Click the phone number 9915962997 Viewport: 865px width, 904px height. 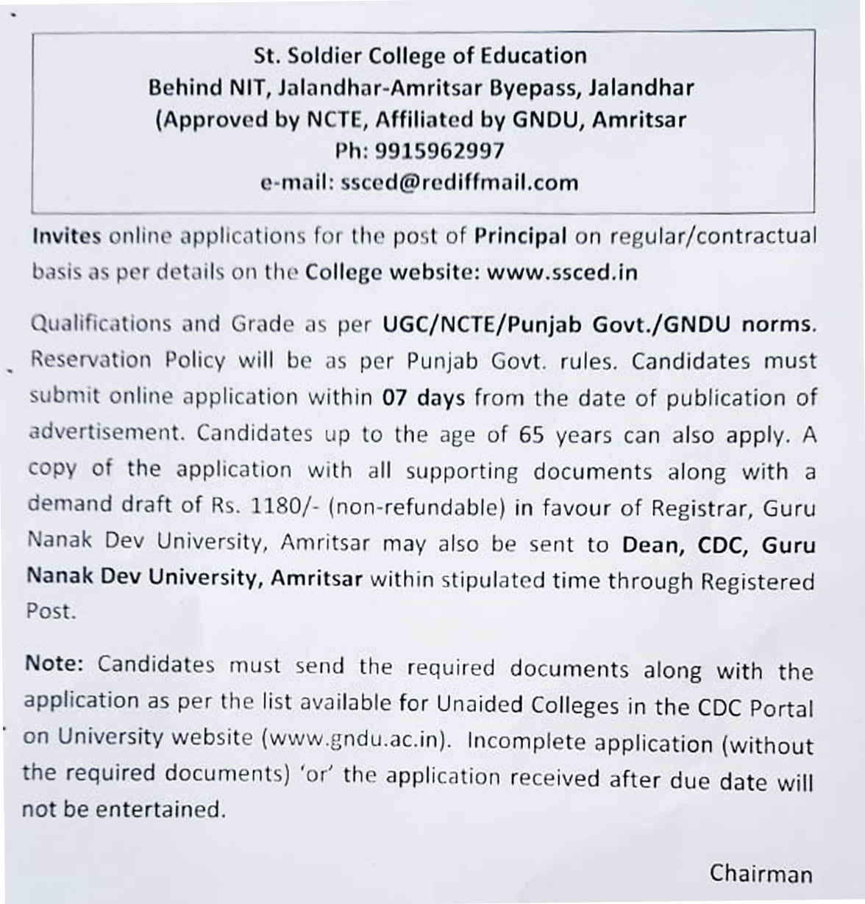[440, 151]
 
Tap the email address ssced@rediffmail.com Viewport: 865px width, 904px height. [460, 182]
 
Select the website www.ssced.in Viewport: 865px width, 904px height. [562, 273]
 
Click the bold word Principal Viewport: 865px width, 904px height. [520, 236]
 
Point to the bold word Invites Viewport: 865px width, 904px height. [66, 236]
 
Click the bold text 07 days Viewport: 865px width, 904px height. [424, 398]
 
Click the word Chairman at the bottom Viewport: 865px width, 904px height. [761, 873]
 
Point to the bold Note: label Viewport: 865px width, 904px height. [54, 663]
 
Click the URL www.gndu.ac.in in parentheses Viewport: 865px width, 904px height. [355, 739]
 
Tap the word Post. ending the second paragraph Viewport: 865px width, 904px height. [51, 611]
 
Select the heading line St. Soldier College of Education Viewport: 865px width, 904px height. [420, 56]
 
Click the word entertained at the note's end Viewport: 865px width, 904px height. [159, 809]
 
